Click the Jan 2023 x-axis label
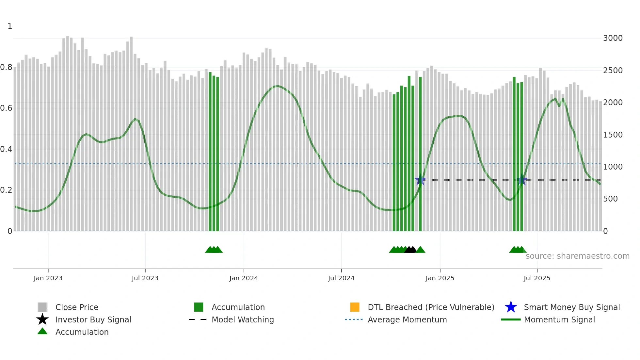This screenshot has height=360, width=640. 48,278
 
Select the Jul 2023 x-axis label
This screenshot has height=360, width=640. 145,278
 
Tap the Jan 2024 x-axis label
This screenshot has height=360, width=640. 244,278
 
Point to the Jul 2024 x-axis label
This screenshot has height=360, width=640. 341,278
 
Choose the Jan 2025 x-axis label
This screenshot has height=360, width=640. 440,278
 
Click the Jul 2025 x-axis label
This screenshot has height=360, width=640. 537,278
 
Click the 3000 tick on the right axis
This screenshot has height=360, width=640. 613,38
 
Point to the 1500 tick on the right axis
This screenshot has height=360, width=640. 613,135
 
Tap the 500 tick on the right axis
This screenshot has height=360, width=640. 610,199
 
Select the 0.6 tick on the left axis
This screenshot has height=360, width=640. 6,108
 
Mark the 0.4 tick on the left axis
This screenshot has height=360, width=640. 6,149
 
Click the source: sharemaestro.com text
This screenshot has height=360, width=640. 577,256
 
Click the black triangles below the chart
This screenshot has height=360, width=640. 410,250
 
